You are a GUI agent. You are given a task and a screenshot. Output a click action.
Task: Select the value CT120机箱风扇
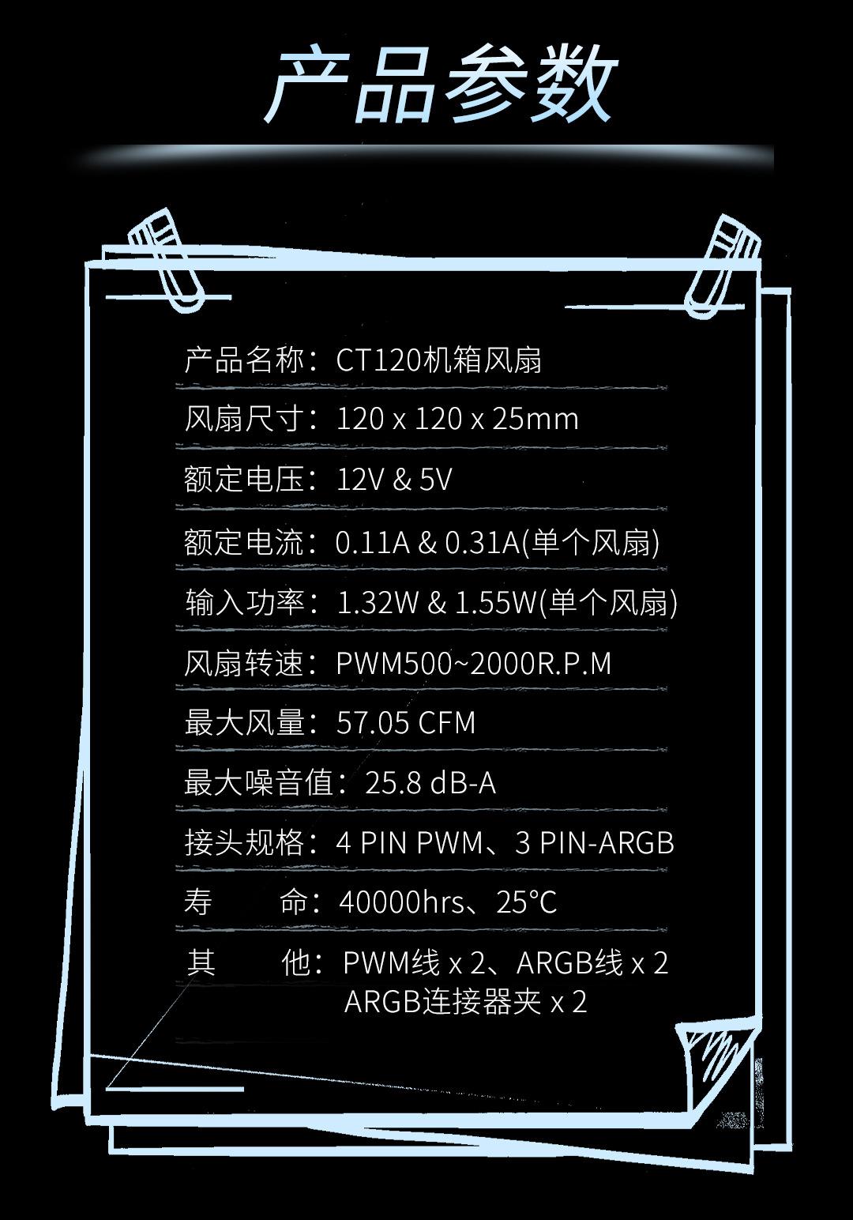tap(438, 360)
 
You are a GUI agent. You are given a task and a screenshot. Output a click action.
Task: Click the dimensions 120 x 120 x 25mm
tap(457, 419)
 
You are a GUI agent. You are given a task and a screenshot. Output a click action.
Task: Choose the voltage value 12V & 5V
tap(394, 480)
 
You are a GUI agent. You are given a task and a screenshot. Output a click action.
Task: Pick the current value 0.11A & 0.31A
tap(426, 542)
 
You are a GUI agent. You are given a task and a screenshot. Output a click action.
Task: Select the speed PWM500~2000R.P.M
tap(474, 663)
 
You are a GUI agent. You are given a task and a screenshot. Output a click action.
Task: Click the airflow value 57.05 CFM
tap(406, 723)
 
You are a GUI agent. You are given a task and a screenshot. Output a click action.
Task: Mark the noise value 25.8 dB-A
tap(430, 783)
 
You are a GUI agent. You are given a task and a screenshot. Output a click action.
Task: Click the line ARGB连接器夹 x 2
tap(466, 1002)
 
